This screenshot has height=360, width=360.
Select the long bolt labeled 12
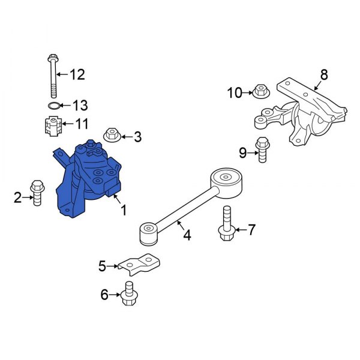point(52,75)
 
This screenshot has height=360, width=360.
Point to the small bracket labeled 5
point(140,264)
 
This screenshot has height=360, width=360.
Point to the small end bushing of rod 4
point(148,234)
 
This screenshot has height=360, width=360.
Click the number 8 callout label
point(324,75)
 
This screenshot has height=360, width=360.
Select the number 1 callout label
point(124,210)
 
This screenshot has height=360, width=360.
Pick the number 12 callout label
point(78,75)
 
